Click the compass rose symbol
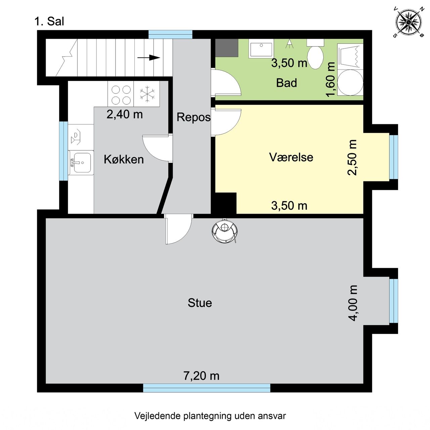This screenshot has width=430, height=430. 408,22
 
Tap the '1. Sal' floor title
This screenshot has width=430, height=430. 49,21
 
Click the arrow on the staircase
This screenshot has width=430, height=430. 148,57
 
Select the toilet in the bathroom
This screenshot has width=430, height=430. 315,54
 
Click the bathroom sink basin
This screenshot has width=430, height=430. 261,48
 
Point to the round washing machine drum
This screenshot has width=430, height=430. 350,82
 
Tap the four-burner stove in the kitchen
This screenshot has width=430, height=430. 121,94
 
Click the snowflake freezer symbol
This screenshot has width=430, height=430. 147,94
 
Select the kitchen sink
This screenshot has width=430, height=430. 81,163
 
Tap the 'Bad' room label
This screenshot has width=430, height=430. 287,83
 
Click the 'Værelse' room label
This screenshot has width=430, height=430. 291,157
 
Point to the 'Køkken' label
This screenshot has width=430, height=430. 124,160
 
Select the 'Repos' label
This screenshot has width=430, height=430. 193,117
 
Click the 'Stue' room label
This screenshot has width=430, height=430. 200,303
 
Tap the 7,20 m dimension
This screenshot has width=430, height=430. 201,376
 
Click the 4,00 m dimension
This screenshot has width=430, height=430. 353,303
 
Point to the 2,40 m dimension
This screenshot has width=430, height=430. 125,115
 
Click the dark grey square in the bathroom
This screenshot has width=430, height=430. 226,48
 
